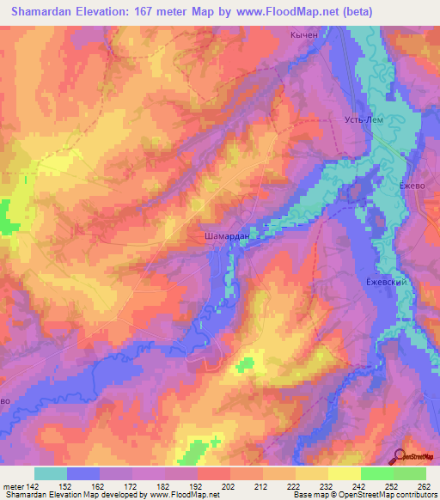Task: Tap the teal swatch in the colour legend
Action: click(x=51, y=473)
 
